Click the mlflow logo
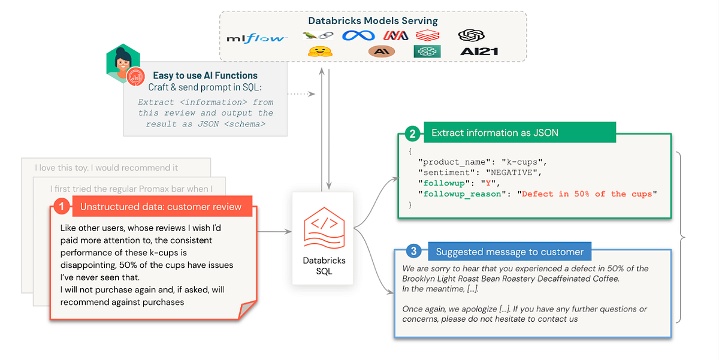(256, 38)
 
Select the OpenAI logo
(471, 36)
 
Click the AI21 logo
(479, 52)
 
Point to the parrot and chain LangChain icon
(318, 36)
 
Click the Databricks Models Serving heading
(373, 20)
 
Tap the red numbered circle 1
(62, 207)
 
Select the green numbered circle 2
(412, 133)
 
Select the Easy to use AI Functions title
(205, 75)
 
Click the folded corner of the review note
(247, 310)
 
